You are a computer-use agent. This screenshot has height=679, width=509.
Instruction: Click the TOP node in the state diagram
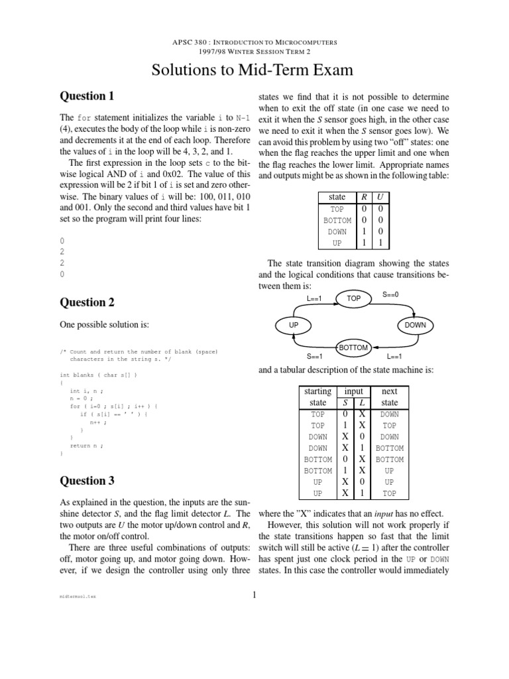(x=355, y=299)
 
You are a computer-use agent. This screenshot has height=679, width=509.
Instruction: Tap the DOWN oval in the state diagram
(x=416, y=325)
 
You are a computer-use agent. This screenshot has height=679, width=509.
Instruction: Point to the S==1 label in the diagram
(x=314, y=357)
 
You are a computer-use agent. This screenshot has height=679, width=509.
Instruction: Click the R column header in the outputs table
(x=363, y=197)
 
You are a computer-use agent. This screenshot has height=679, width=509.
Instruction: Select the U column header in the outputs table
(x=379, y=197)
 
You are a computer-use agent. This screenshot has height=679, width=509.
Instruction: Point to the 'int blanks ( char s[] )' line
(x=99, y=375)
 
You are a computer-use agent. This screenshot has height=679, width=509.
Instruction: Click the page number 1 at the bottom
(x=254, y=594)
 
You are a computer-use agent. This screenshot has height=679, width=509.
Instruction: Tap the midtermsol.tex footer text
(x=78, y=597)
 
